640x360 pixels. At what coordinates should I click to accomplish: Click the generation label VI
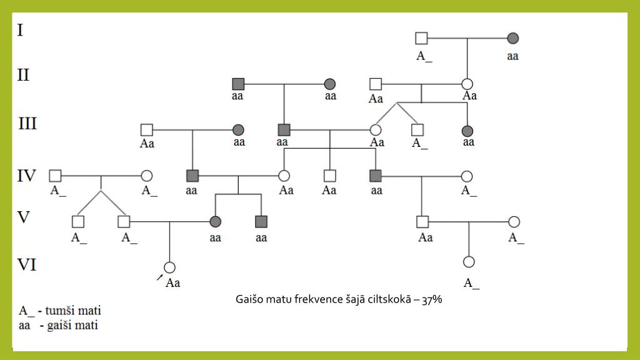point(27,266)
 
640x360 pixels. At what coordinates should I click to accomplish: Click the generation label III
point(27,124)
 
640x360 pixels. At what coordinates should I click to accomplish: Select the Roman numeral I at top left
point(21,30)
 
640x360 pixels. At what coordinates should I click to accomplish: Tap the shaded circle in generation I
point(512,38)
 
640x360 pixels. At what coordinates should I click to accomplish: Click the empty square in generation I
point(421,38)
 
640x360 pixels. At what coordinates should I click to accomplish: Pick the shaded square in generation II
point(237,84)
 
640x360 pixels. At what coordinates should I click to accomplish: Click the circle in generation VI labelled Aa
point(169,267)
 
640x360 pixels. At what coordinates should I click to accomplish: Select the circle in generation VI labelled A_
point(469,262)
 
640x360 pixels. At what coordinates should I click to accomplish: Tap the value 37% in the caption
point(432,300)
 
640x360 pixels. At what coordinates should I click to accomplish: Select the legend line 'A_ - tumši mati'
point(60,311)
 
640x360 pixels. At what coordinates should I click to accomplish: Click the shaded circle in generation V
point(216,221)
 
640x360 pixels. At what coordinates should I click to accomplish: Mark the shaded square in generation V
point(261,221)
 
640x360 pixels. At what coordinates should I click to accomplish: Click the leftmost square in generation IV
point(56,176)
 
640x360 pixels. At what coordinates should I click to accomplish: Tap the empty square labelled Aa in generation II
point(375,84)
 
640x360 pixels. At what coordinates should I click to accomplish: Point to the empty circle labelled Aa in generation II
point(467,84)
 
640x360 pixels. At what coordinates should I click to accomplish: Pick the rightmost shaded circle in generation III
point(467,130)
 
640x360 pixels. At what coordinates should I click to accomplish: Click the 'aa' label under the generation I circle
point(512,56)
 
